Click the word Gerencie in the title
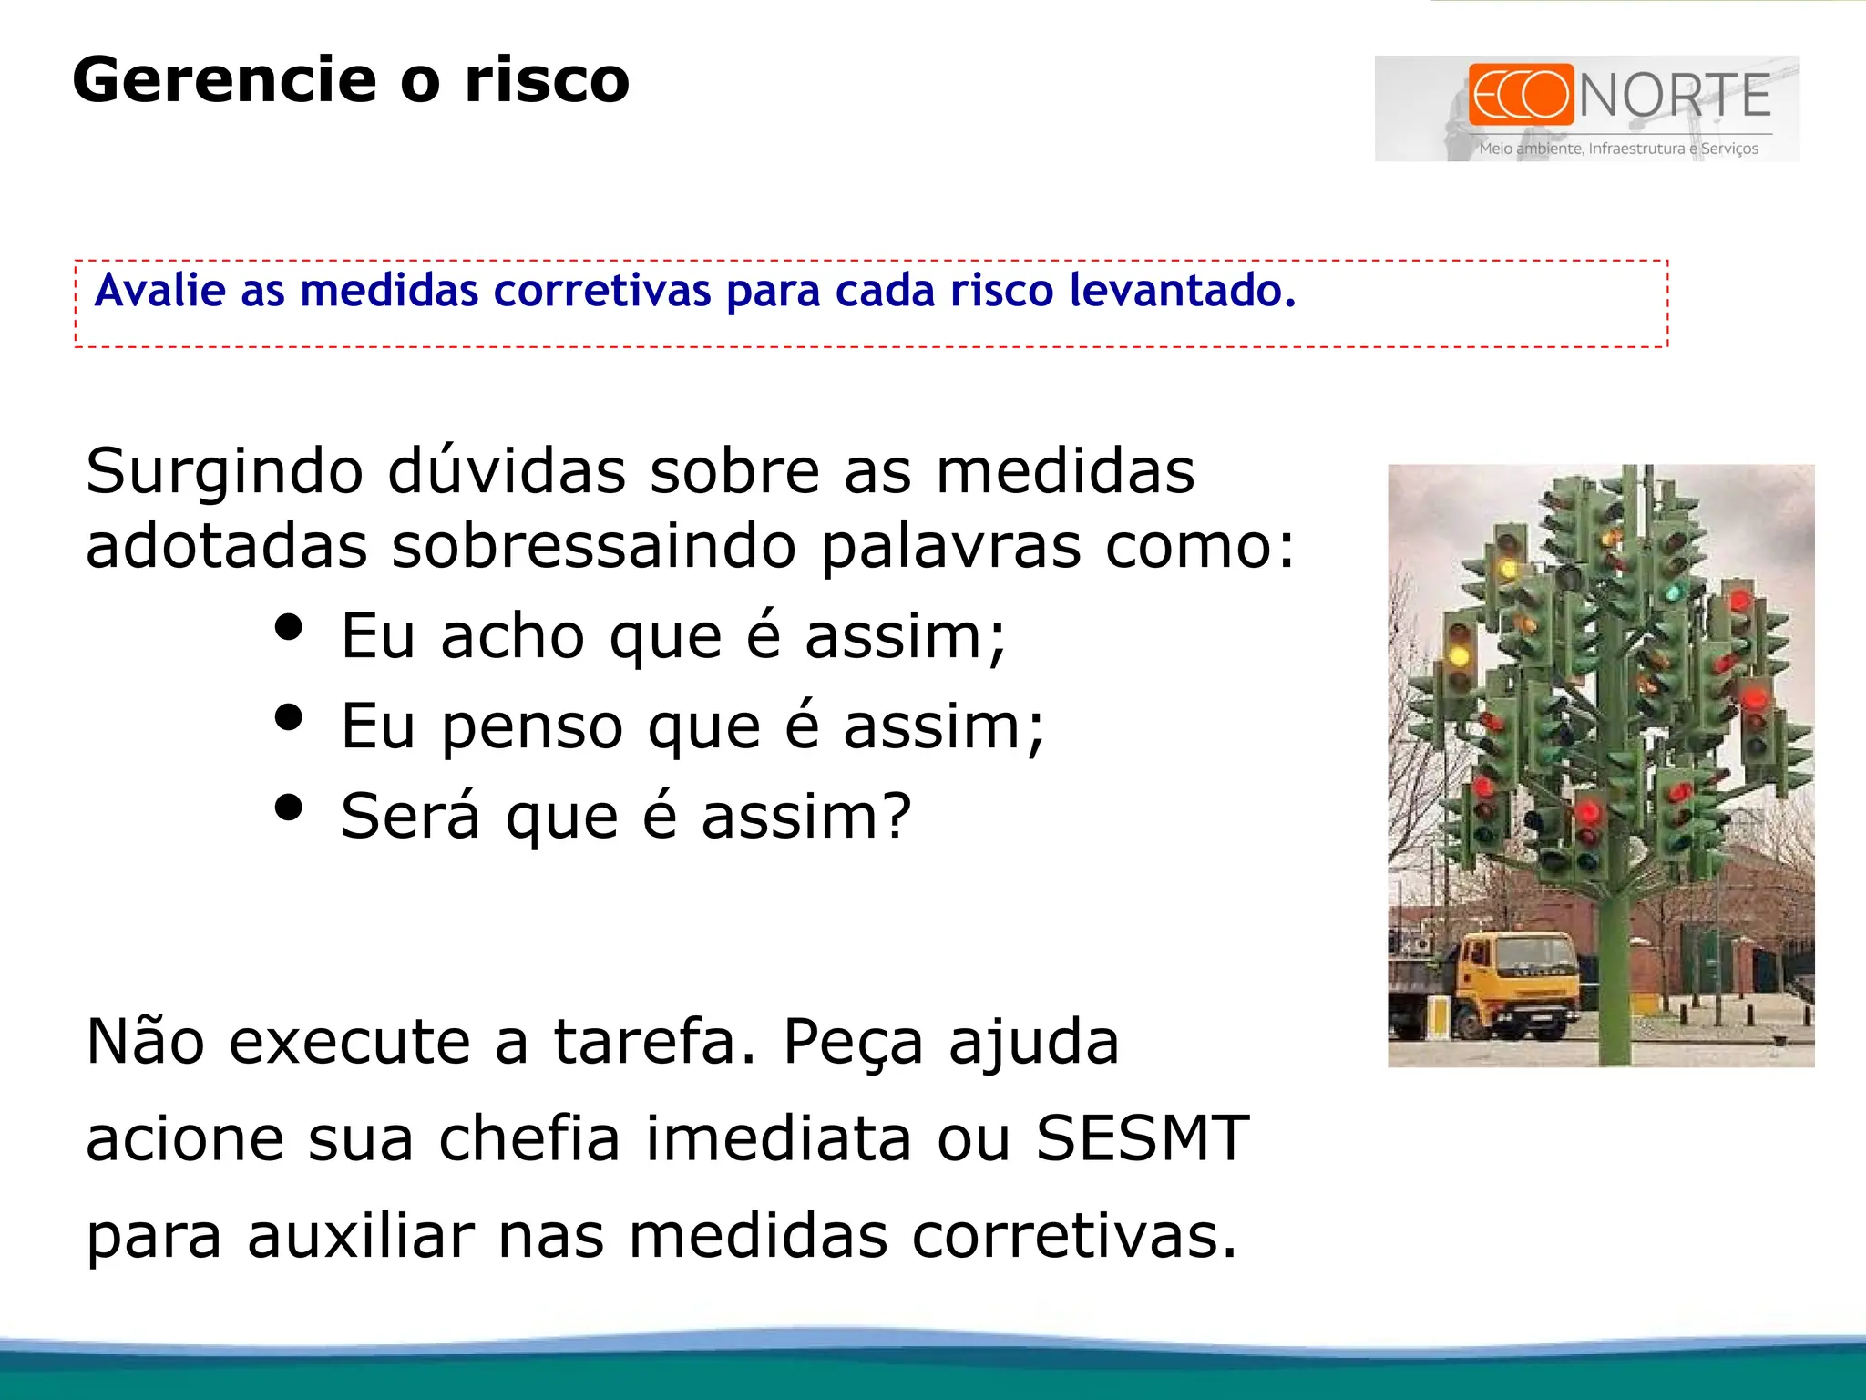223,80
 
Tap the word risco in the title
547,80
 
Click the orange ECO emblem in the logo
1520,94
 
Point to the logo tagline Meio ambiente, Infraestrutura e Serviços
1618,149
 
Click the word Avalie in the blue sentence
160,291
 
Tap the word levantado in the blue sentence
1181,291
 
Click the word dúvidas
507,471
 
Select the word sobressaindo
594,546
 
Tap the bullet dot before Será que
288,808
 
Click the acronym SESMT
1143,1138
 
